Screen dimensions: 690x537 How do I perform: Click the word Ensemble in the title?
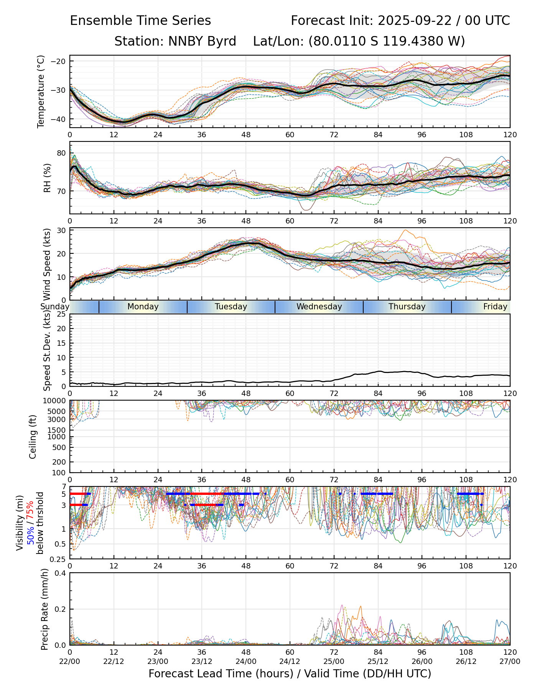[99, 21]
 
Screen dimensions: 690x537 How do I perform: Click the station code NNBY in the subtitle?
[185, 41]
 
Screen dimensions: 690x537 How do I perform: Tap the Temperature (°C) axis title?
[41, 91]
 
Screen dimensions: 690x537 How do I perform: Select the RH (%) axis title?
[47, 178]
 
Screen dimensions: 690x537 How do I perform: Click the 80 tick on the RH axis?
[62, 153]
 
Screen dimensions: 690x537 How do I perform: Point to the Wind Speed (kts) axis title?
[47, 264]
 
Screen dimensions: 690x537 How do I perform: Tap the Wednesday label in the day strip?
[319, 307]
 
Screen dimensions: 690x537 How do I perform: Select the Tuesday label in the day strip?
[231, 307]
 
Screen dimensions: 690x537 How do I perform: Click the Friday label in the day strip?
[495, 307]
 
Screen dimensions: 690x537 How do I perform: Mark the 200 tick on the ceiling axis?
[60, 462]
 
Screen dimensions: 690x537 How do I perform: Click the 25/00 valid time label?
[334, 661]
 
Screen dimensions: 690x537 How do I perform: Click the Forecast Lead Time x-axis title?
[290, 674]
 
